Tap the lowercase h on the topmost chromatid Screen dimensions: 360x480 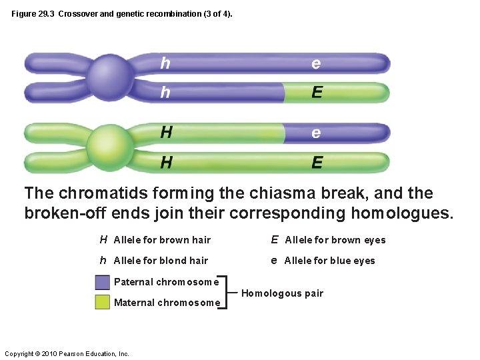tap(165, 63)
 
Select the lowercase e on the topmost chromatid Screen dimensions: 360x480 tap(316, 63)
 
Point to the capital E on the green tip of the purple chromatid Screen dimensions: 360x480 tap(317, 93)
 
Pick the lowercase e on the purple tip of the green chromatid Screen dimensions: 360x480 tap(316, 133)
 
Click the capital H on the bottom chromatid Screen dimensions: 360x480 tap(166, 162)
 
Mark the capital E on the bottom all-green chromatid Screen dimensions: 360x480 tap(317, 162)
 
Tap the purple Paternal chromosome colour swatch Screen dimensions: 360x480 tap(102, 282)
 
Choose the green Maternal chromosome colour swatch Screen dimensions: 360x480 tap(102, 303)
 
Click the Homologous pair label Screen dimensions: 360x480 tap(281, 293)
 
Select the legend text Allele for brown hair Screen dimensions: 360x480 tap(162, 240)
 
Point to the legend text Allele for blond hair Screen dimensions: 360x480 tap(161, 261)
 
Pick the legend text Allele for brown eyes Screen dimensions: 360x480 tap(335, 240)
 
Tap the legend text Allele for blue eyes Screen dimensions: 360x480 tap(329, 261)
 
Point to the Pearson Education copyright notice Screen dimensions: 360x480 tap(67, 353)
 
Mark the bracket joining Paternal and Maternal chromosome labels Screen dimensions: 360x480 tap(226, 292)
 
